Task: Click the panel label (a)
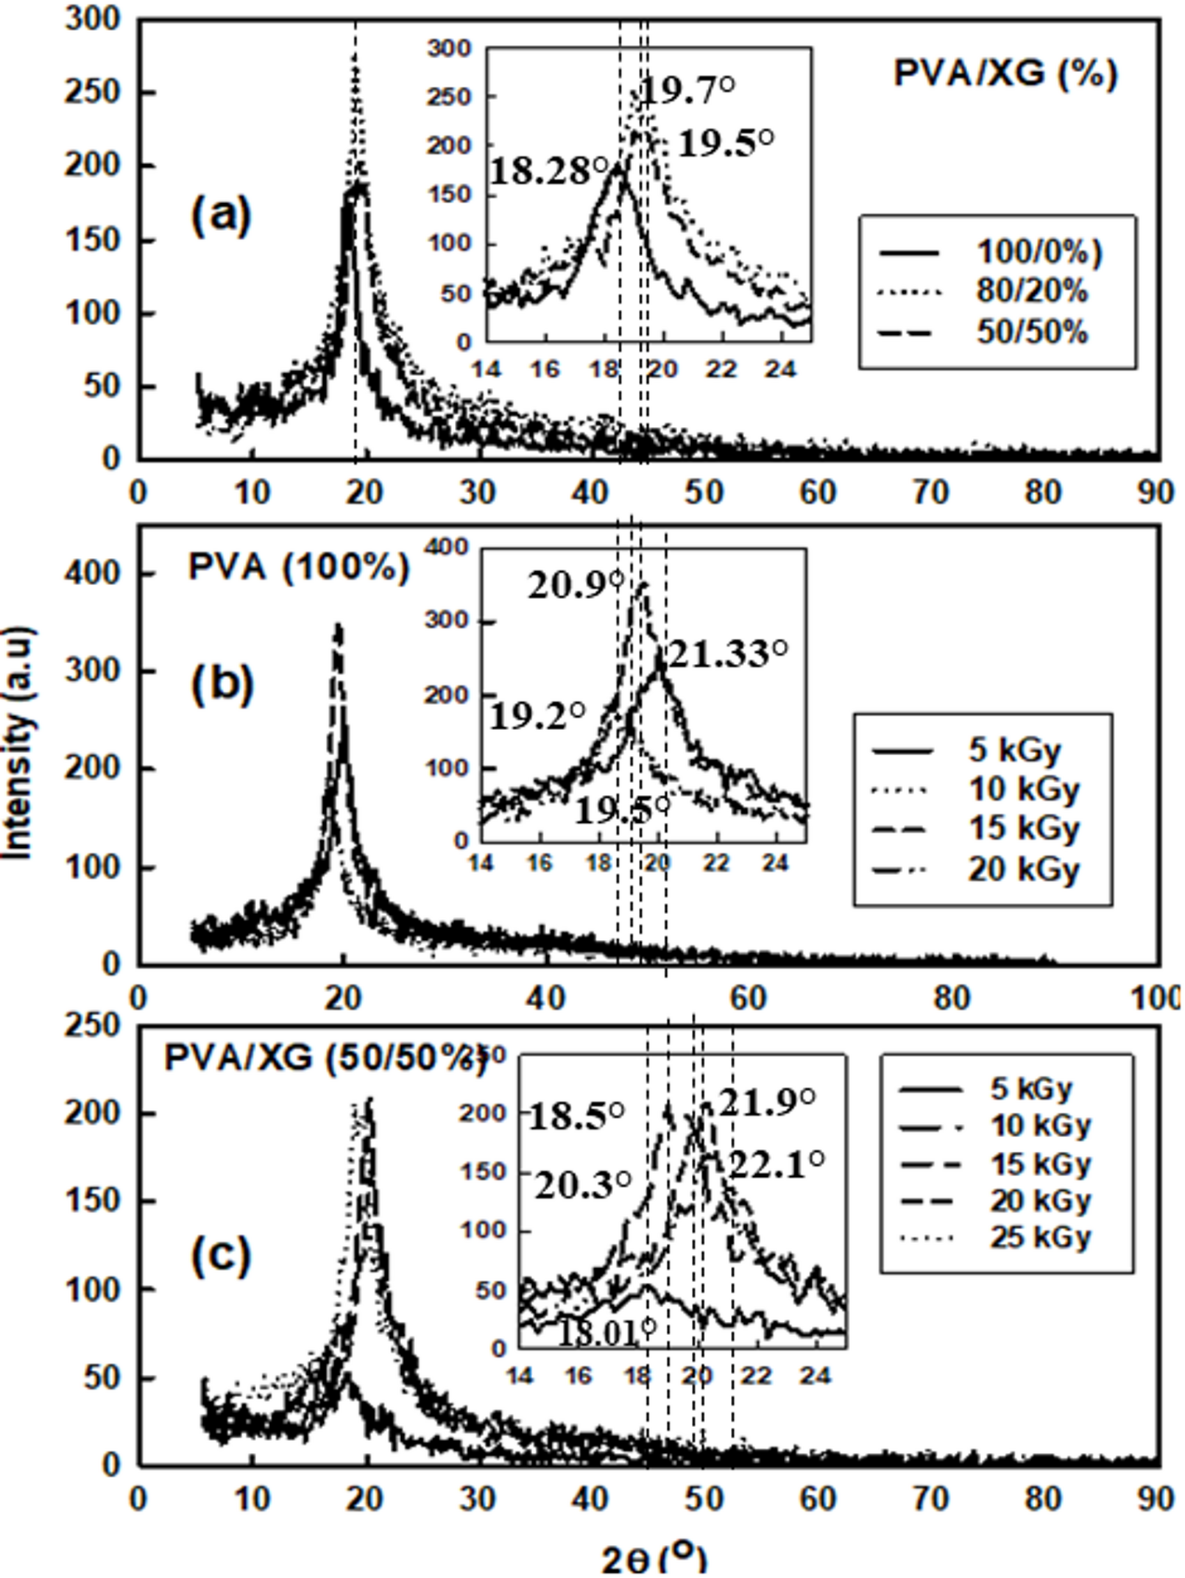click(221, 216)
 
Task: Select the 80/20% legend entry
click(1030, 292)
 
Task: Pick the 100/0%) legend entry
click(1038, 252)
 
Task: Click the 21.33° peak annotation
click(727, 654)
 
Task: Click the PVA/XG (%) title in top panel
click(1005, 73)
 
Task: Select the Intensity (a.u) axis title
click(18, 743)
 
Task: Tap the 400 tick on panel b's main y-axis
click(91, 573)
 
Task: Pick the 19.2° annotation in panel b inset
click(537, 715)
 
